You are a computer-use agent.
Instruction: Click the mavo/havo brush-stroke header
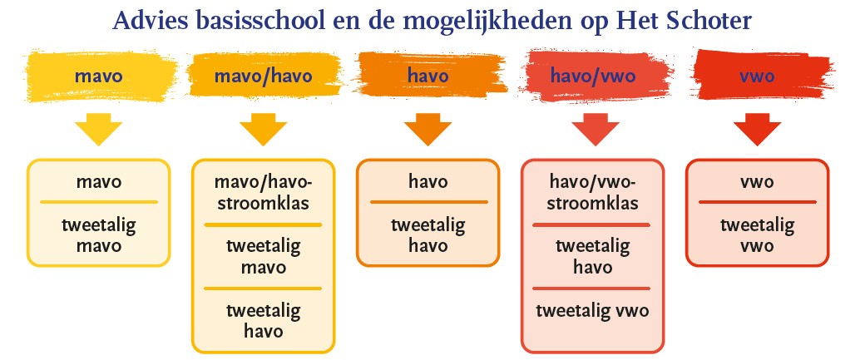coord(263,76)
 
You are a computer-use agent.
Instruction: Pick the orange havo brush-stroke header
coord(428,75)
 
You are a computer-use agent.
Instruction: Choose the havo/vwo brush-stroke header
coord(593,76)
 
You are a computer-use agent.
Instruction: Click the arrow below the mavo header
coord(99,130)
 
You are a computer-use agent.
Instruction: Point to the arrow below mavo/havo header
coord(263,130)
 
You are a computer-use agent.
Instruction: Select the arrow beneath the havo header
coord(428,130)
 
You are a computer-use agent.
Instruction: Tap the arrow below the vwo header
coord(757,130)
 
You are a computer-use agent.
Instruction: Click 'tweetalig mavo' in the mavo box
coord(99,234)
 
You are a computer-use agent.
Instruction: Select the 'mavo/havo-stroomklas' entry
coord(263,192)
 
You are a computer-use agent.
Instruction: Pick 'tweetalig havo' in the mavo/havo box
coord(263,320)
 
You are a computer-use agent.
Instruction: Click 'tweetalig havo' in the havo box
coord(428,234)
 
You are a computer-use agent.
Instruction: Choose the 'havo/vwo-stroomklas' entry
coord(593,192)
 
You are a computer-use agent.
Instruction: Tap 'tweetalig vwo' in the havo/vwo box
coord(592,310)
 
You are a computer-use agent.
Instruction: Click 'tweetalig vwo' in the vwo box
coord(758,234)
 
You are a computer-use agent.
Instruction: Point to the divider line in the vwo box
coord(758,202)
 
